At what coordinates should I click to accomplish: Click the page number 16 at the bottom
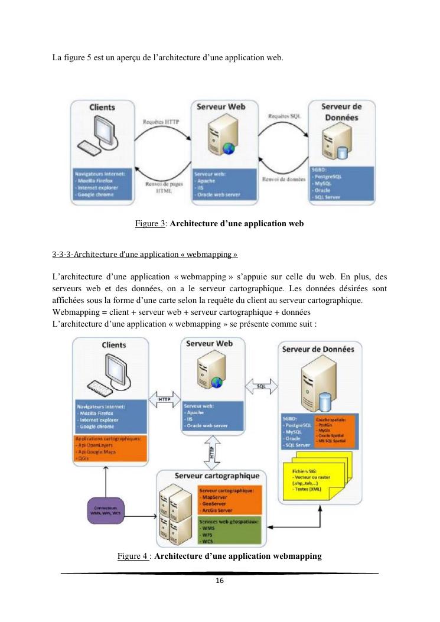point(219,581)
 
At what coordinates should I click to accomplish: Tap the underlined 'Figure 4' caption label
point(132,556)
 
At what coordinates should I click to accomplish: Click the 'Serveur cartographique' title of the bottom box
point(221,476)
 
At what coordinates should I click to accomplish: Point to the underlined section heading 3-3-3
point(145,255)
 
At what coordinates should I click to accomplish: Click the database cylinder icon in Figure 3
point(341,153)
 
